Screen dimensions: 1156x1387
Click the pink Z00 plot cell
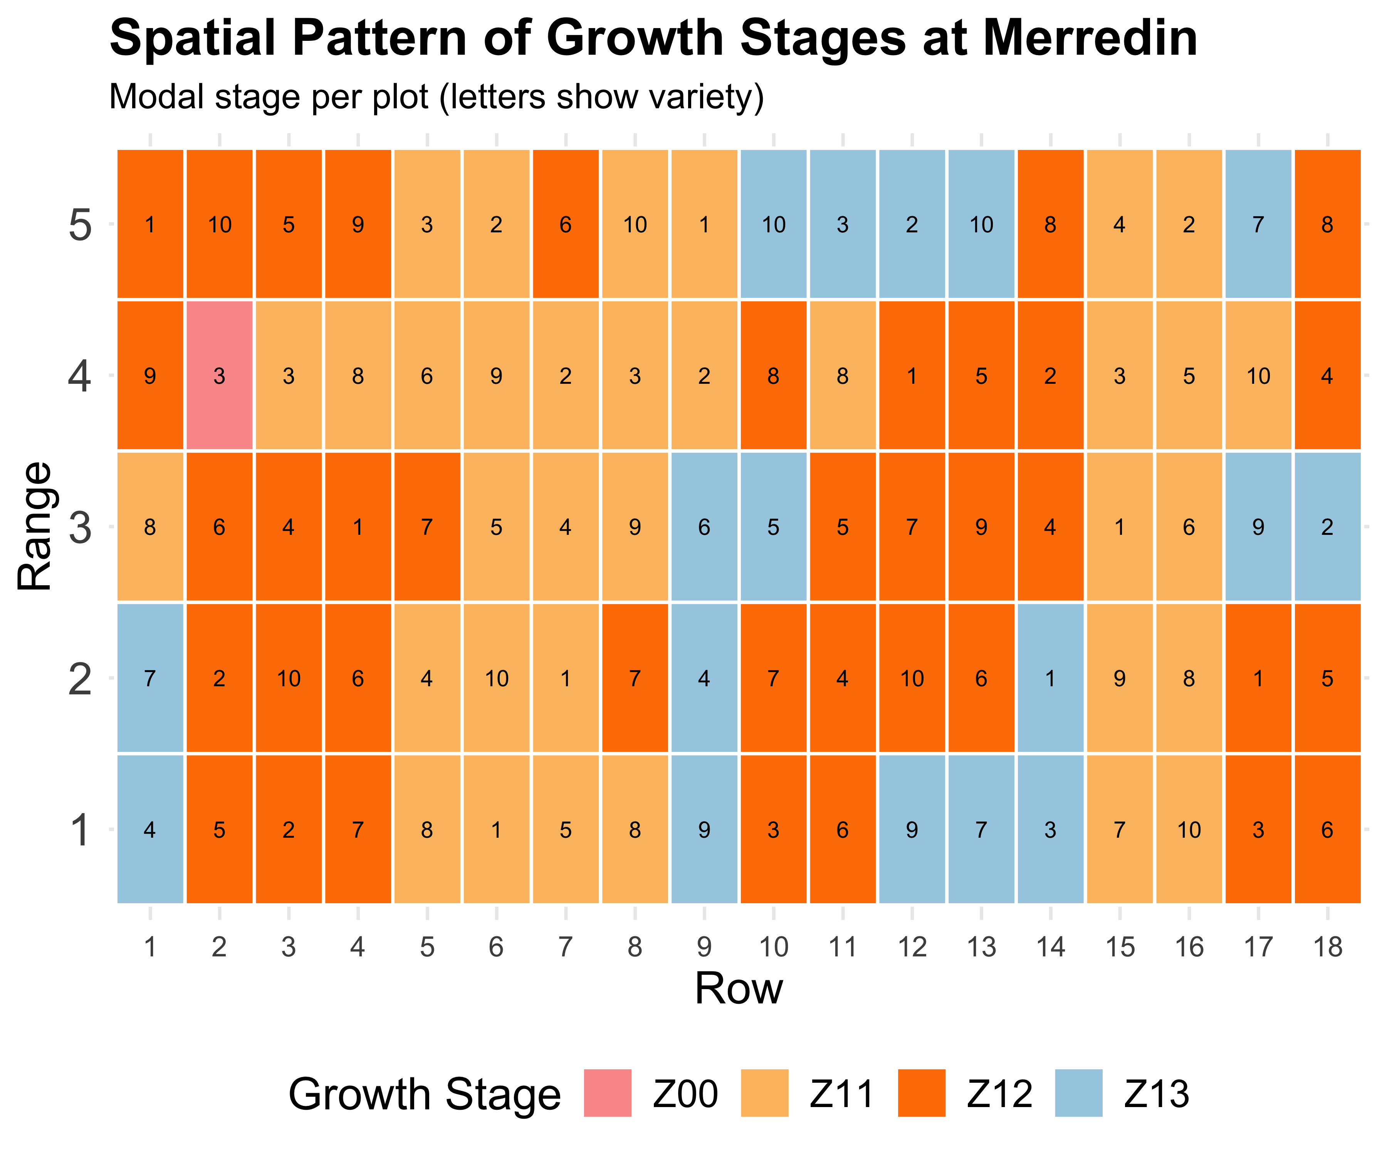click(219, 375)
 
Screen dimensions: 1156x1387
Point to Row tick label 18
click(1328, 947)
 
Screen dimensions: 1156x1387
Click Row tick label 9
click(704, 947)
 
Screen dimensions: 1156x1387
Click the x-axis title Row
click(739, 989)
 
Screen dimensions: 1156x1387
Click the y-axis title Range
click(34, 526)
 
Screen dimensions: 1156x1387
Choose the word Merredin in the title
click(1090, 38)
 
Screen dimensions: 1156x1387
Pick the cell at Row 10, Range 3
click(773, 526)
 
